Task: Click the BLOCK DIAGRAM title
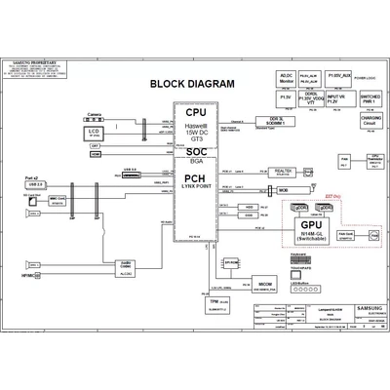coord(192,83)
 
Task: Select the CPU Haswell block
coord(195,124)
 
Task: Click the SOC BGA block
coord(195,158)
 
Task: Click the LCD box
coord(94,132)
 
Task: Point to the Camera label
coord(94,114)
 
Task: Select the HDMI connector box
coord(95,156)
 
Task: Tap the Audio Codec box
coord(126,265)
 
